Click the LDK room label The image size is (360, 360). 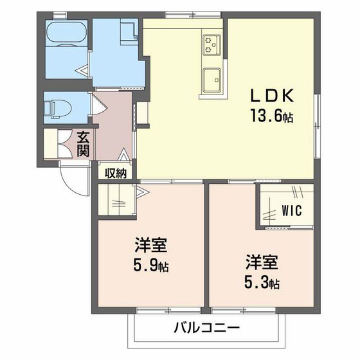[272, 96]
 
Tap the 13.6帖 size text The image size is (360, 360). [272, 117]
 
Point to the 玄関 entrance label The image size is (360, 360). [84, 144]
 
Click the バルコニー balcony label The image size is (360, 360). [206, 328]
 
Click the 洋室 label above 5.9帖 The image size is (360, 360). [152, 246]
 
